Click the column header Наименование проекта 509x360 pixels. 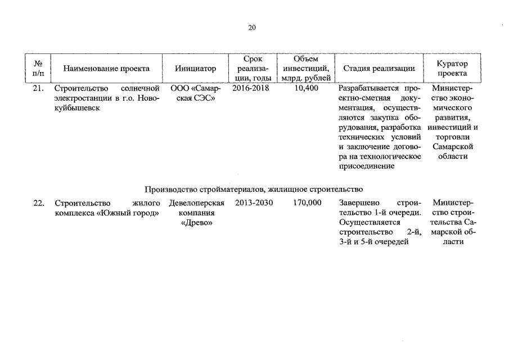(x=106, y=69)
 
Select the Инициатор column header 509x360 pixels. (x=195, y=69)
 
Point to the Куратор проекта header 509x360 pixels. (x=452, y=69)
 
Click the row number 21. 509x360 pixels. (x=39, y=88)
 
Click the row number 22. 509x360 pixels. (x=39, y=203)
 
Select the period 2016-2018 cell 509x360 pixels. (x=251, y=88)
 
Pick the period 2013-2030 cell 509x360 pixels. (x=251, y=203)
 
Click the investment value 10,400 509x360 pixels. (x=306, y=88)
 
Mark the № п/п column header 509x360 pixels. (x=39, y=69)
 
